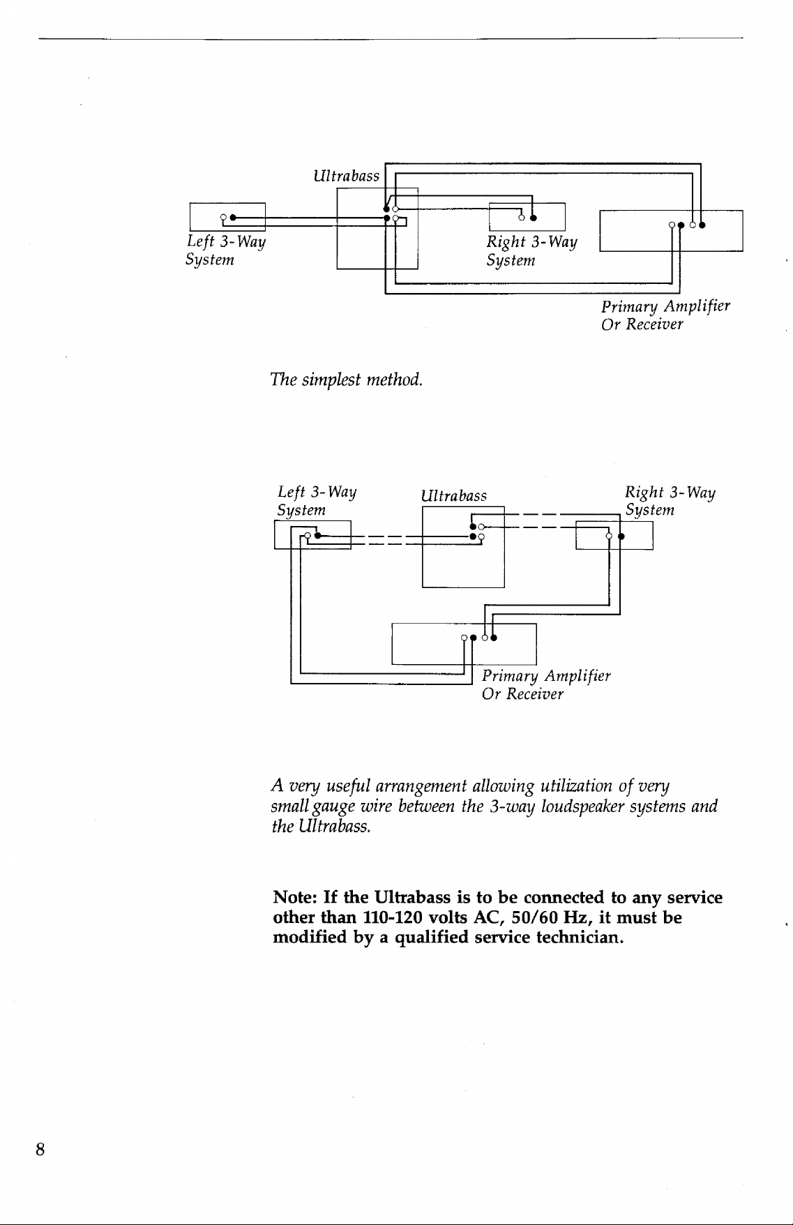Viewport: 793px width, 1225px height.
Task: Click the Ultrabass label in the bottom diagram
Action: [454, 496]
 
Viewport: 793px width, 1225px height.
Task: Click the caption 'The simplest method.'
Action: [347, 380]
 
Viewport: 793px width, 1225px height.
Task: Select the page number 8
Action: [41, 1150]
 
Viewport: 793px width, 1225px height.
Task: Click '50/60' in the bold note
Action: [536, 917]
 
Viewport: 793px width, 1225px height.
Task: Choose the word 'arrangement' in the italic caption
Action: [421, 788]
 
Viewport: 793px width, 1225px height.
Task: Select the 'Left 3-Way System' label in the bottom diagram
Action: [317, 501]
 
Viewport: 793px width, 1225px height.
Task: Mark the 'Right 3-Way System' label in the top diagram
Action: [532, 250]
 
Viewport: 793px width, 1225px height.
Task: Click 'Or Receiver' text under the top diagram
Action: [642, 324]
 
